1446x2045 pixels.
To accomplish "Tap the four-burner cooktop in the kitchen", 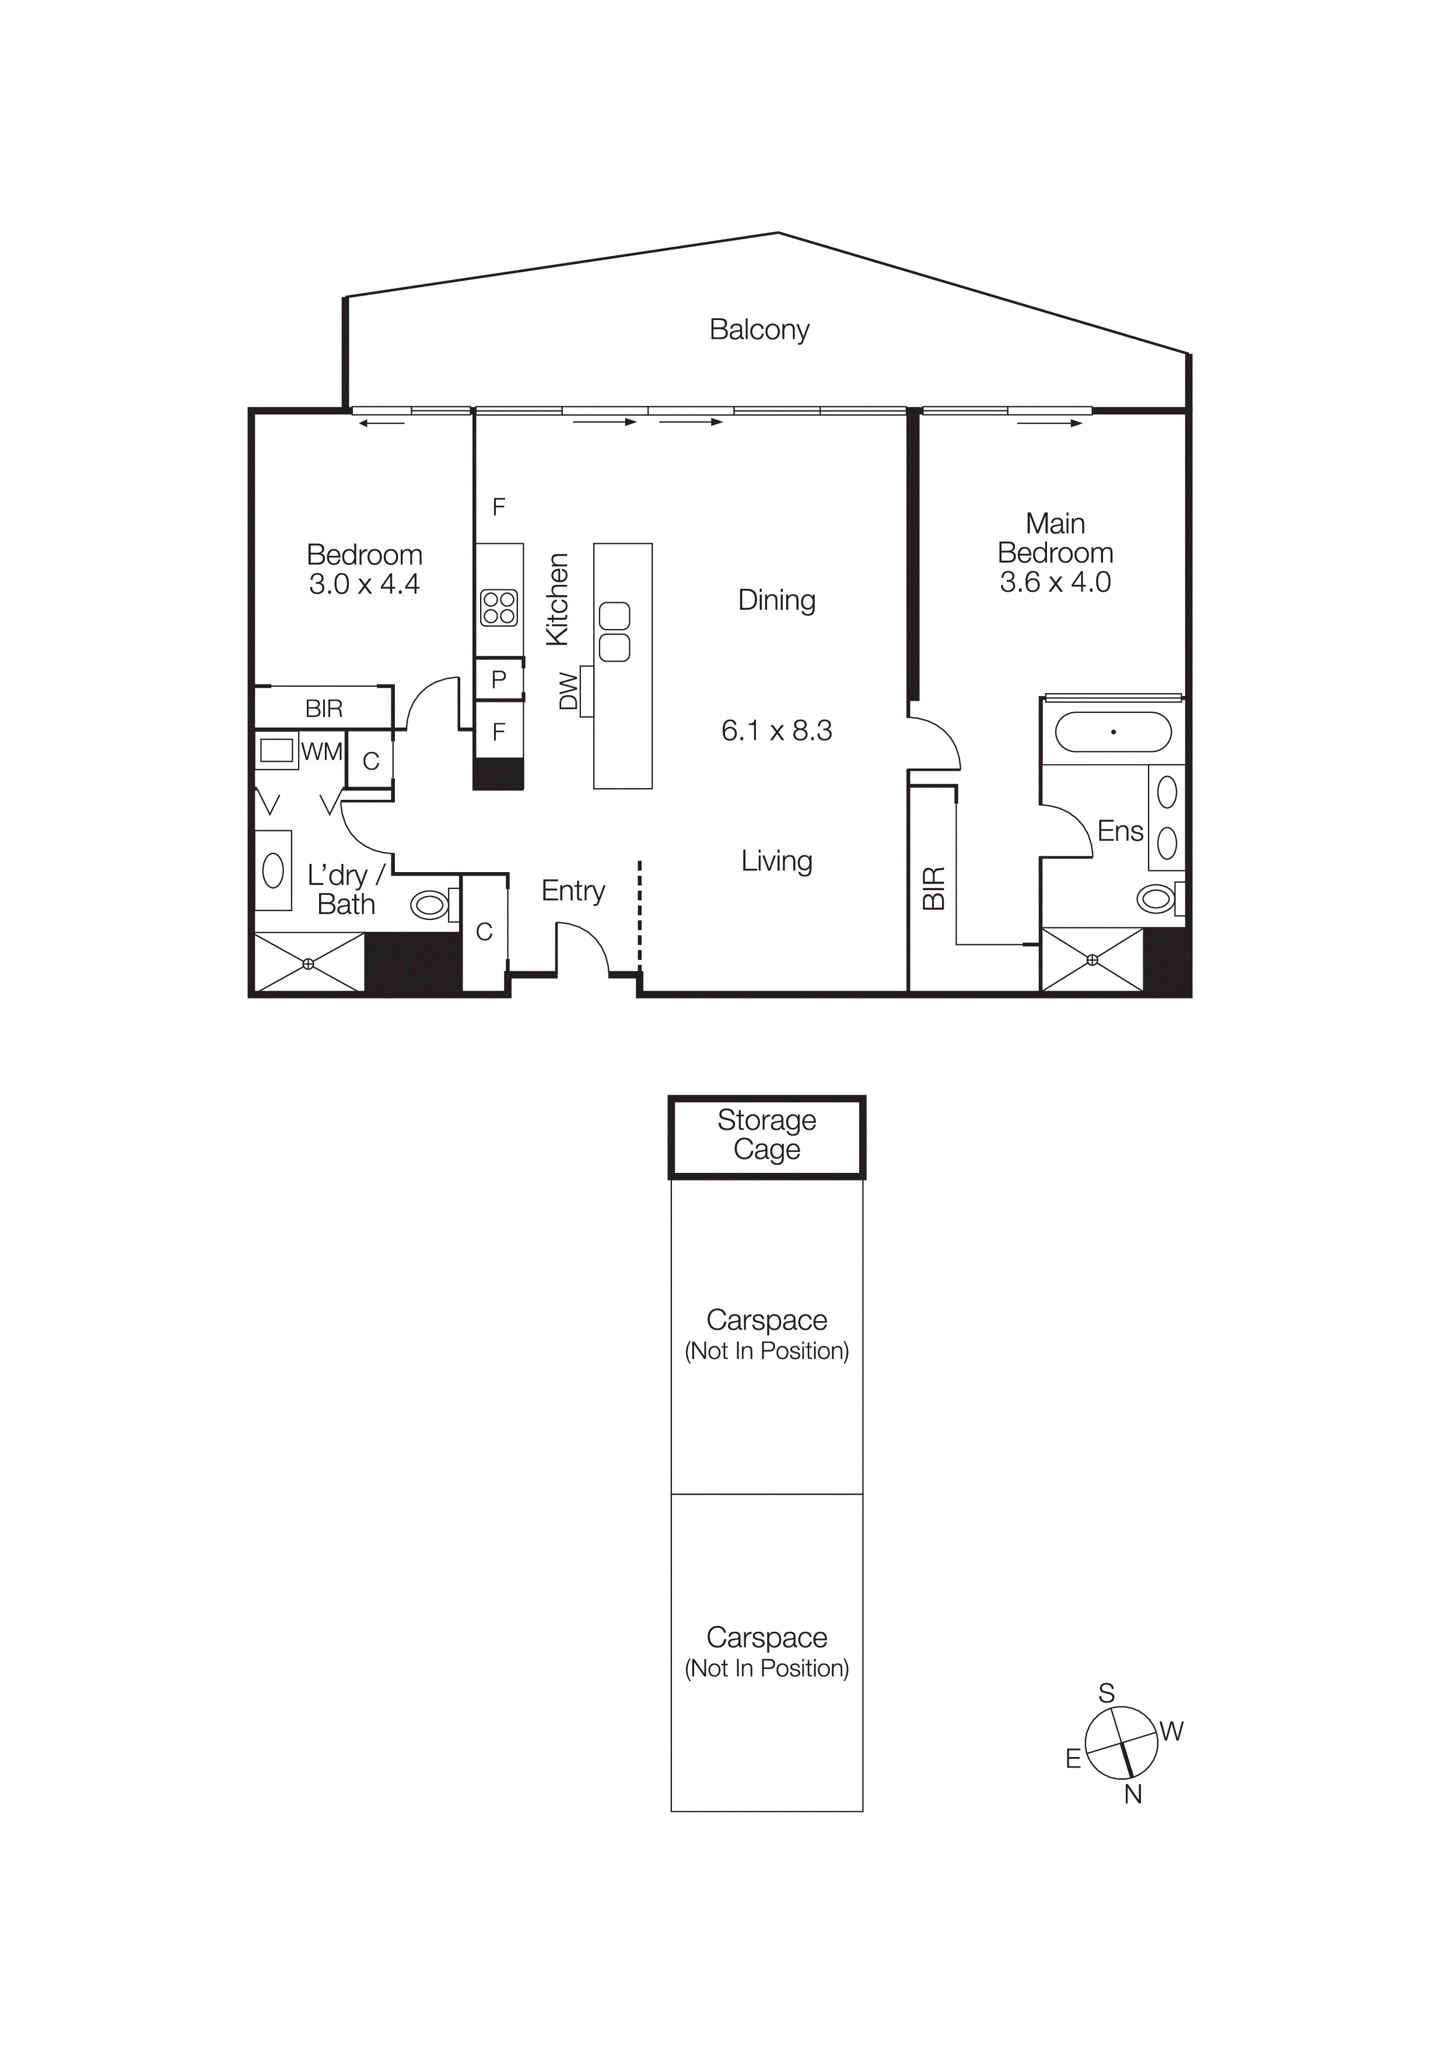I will (499, 609).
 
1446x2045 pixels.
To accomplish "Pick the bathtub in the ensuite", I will (1113, 732).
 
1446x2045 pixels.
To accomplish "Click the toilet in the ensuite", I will (1157, 899).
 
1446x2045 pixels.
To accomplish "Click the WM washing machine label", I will (321, 752).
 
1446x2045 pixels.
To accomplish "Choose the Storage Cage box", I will (766, 1136).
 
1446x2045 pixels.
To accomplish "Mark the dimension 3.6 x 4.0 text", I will (1055, 582).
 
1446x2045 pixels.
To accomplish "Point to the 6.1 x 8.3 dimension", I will (776, 730).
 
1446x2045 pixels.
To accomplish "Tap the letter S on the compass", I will (1106, 1692).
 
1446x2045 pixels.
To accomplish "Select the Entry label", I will (573, 891).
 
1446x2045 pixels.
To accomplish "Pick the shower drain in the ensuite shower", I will (1093, 960).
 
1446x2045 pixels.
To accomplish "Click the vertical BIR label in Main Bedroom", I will (933, 888).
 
